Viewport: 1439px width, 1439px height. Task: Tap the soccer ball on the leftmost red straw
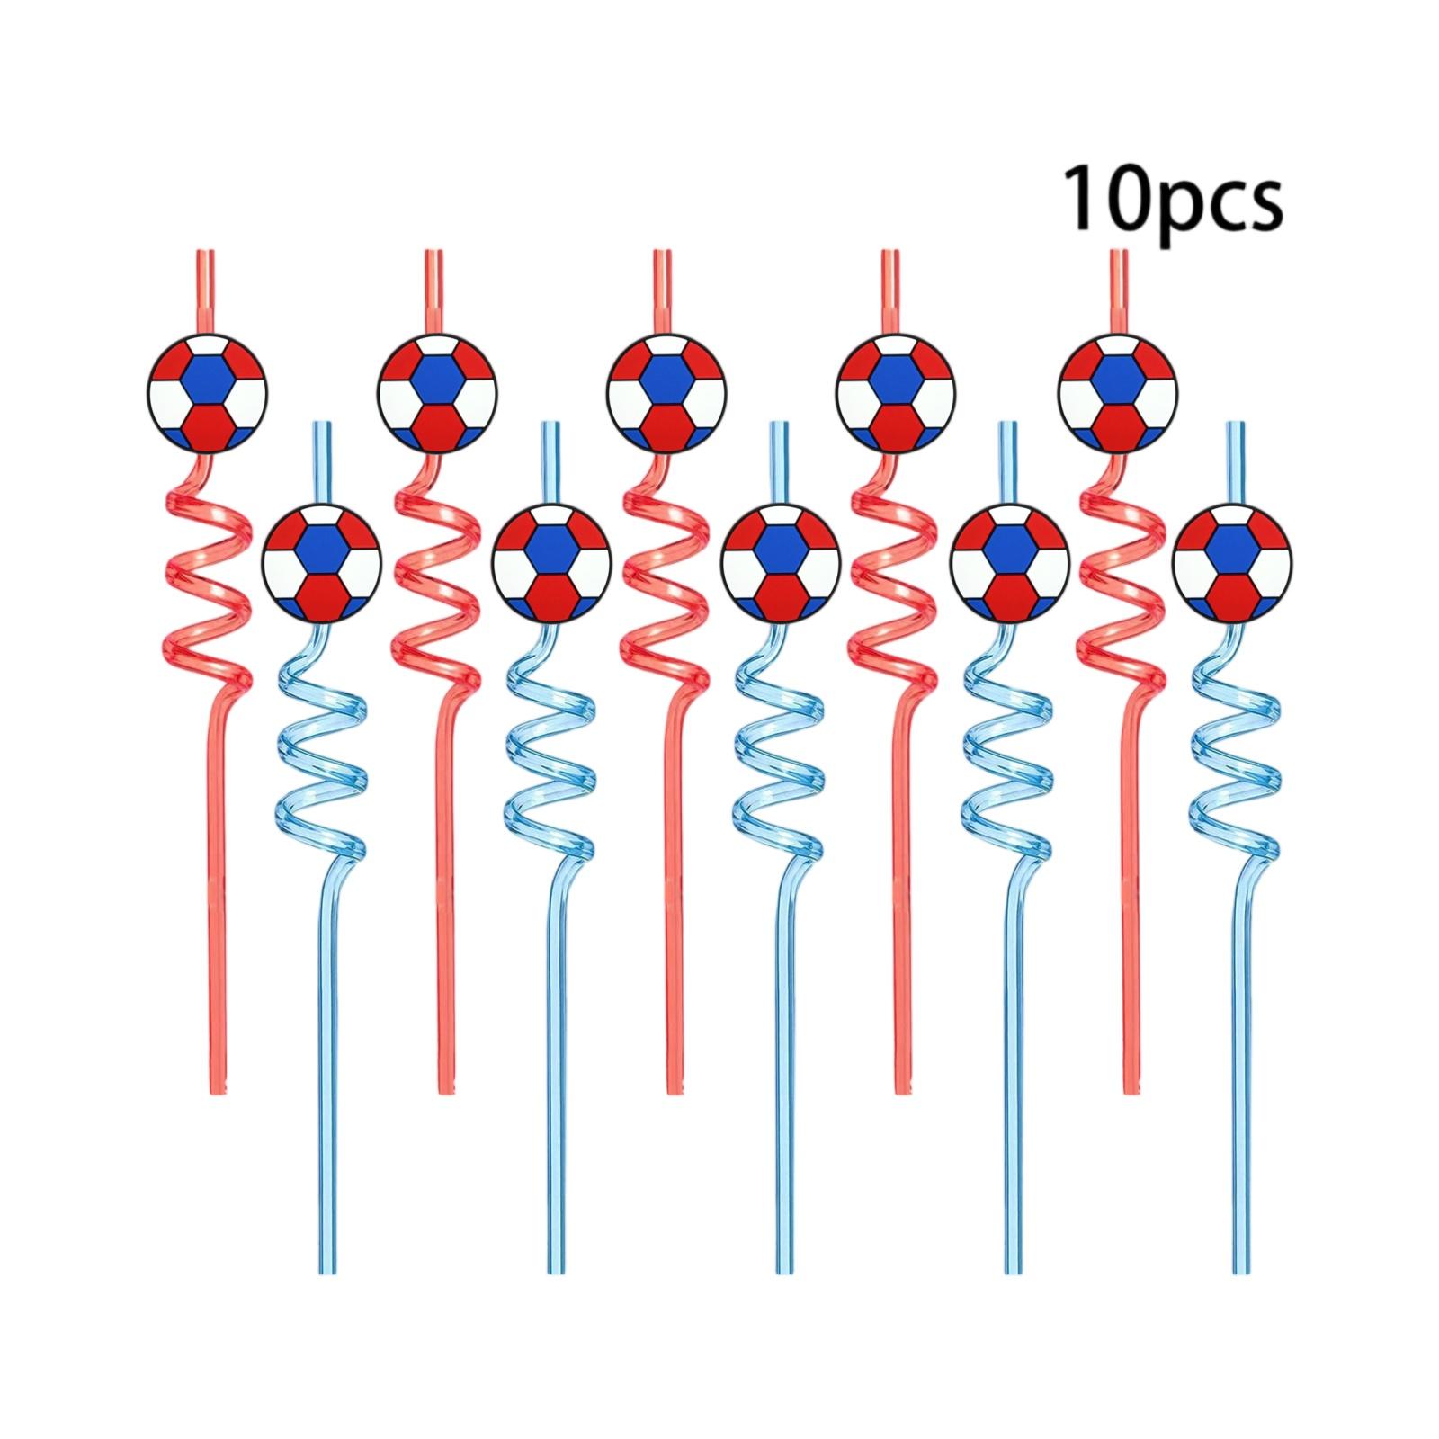208,392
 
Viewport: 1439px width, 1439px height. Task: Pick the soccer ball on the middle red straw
666,392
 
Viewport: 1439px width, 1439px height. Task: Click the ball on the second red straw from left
437,392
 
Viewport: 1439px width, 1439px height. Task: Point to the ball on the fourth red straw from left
896,392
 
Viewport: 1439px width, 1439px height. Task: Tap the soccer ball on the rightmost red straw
1119,392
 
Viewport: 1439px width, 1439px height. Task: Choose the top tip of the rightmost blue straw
1238,423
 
